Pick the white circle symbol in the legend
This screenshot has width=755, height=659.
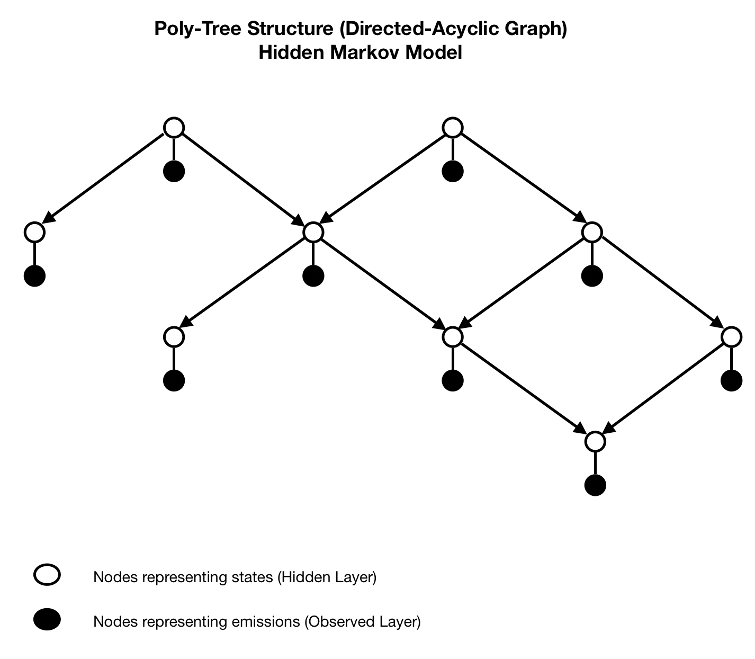click(x=47, y=575)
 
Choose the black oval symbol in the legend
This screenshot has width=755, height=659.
click(x=47, y=620)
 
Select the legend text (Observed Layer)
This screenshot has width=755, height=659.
click(x=363, y=621)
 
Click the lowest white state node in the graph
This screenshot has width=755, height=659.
click(x=595, y=441)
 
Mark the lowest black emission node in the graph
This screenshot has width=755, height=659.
click(x=595, y=485)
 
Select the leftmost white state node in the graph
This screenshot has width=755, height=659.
click(x=34, y=232)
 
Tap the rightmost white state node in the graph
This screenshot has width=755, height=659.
click(x=731, y=336)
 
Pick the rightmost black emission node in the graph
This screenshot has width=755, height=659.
click(x=731, y=380)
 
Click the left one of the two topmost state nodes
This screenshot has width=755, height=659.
click(x=174, y=128)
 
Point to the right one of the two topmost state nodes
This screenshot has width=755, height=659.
click(x=452, y=128)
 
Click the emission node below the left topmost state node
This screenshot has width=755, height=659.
click(x=174, y=172)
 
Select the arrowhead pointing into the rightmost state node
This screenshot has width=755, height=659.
click(x=718, y=323)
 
